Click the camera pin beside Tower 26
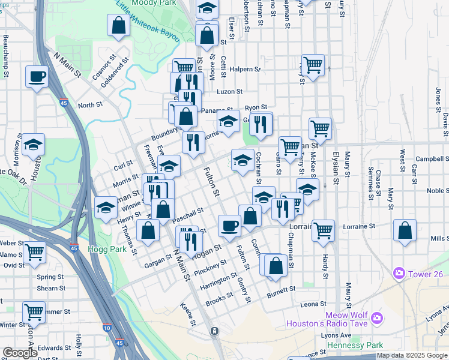[x=399, y=274]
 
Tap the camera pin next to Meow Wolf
[x=376, y=317]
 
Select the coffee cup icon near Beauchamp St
[x=37, y=77]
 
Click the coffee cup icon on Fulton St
[x=229, y=226]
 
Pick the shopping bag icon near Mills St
[x=405, y=230]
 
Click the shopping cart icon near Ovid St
[x=34, y=253]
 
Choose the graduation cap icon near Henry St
[x=106, y=207]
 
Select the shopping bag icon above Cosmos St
[x=118, y=25]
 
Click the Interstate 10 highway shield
[x=106, y=328]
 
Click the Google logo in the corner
[x=20, y=353]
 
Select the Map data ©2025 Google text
[x=411, y=355]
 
